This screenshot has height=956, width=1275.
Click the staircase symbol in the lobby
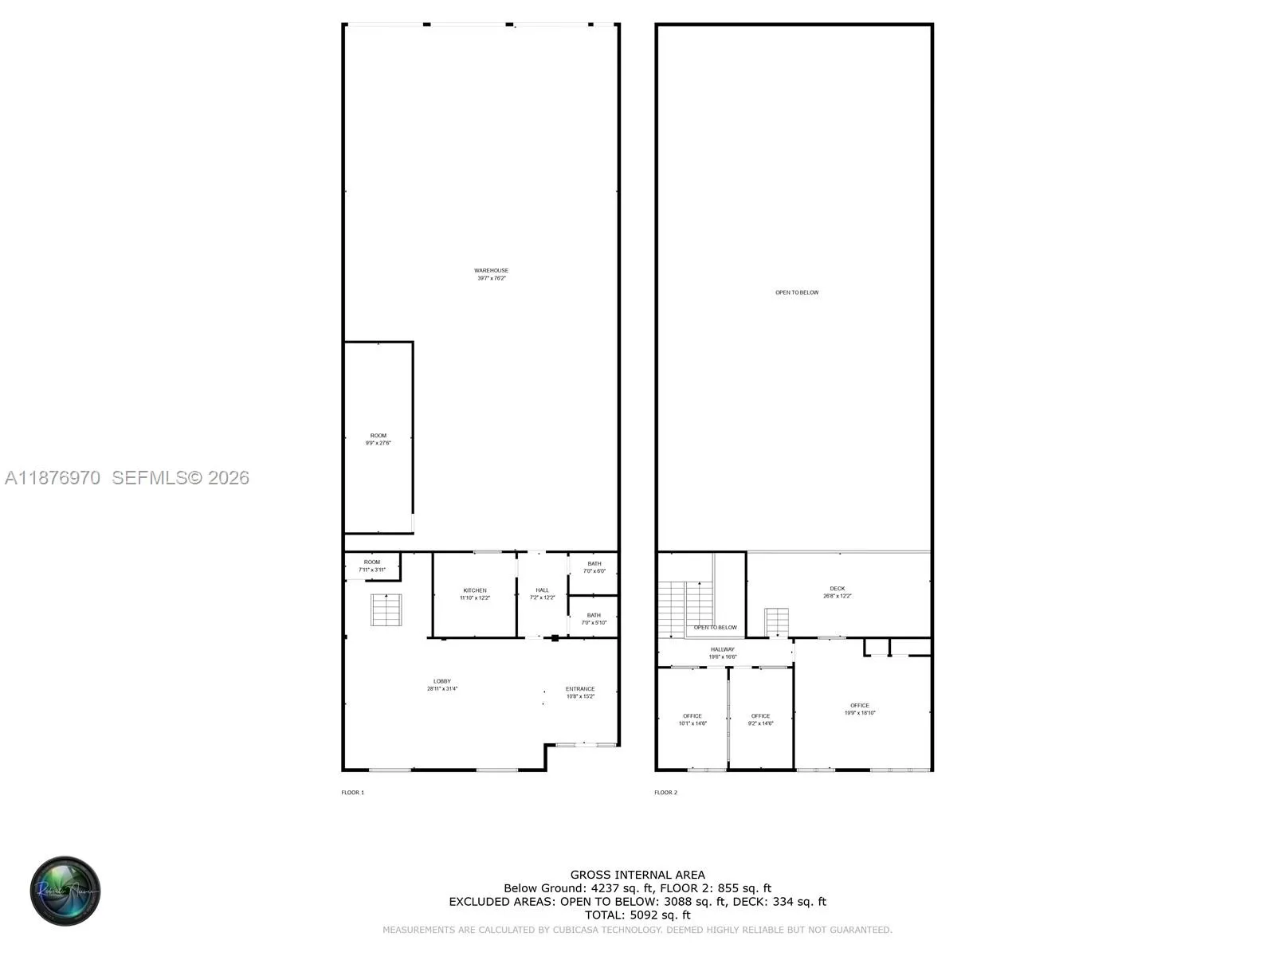pyautogui.click(x=386, y=609)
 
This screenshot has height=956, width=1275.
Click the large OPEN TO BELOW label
pyautogui.click(x=797, y=292)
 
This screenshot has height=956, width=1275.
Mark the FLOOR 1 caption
pyautogui.click(x=352, y=793)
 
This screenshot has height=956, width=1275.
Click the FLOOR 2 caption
pyautogui.click(x=665, y=793)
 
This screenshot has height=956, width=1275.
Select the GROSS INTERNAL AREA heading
pyautogui.click(x=637, y=875)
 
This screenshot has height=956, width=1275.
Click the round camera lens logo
pyautogui.click(x=65, y=891)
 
